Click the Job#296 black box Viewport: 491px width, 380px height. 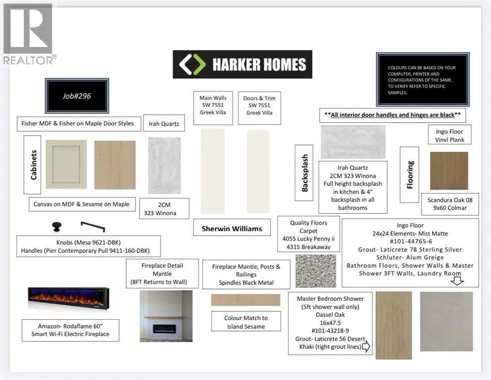coord(77,95)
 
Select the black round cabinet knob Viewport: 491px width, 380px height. coord(57,227)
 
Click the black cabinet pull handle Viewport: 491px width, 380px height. coord(93,227)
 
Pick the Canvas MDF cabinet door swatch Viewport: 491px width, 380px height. coord(66,164)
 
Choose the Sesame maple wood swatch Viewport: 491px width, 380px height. coord(115,165)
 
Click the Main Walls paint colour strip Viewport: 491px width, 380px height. coord(213,171)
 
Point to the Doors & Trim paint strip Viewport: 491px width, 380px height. coord(258,172)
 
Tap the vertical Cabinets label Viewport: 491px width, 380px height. coord(33,165)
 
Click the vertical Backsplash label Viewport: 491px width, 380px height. coord(304,173)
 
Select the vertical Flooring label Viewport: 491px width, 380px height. coord(410,175)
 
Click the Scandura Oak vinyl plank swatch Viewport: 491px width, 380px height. coord(449,171)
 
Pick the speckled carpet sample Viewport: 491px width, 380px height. coord(316,271)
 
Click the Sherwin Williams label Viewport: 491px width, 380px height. coord(232,229)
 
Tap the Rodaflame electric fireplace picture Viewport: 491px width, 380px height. coord(69,299)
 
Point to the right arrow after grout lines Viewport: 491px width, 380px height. coord(366,346)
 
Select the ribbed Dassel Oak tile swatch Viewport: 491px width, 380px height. coord(393,325)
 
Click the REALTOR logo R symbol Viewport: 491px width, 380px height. coord(28,29)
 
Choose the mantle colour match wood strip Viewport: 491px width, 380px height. coord(245,300)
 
